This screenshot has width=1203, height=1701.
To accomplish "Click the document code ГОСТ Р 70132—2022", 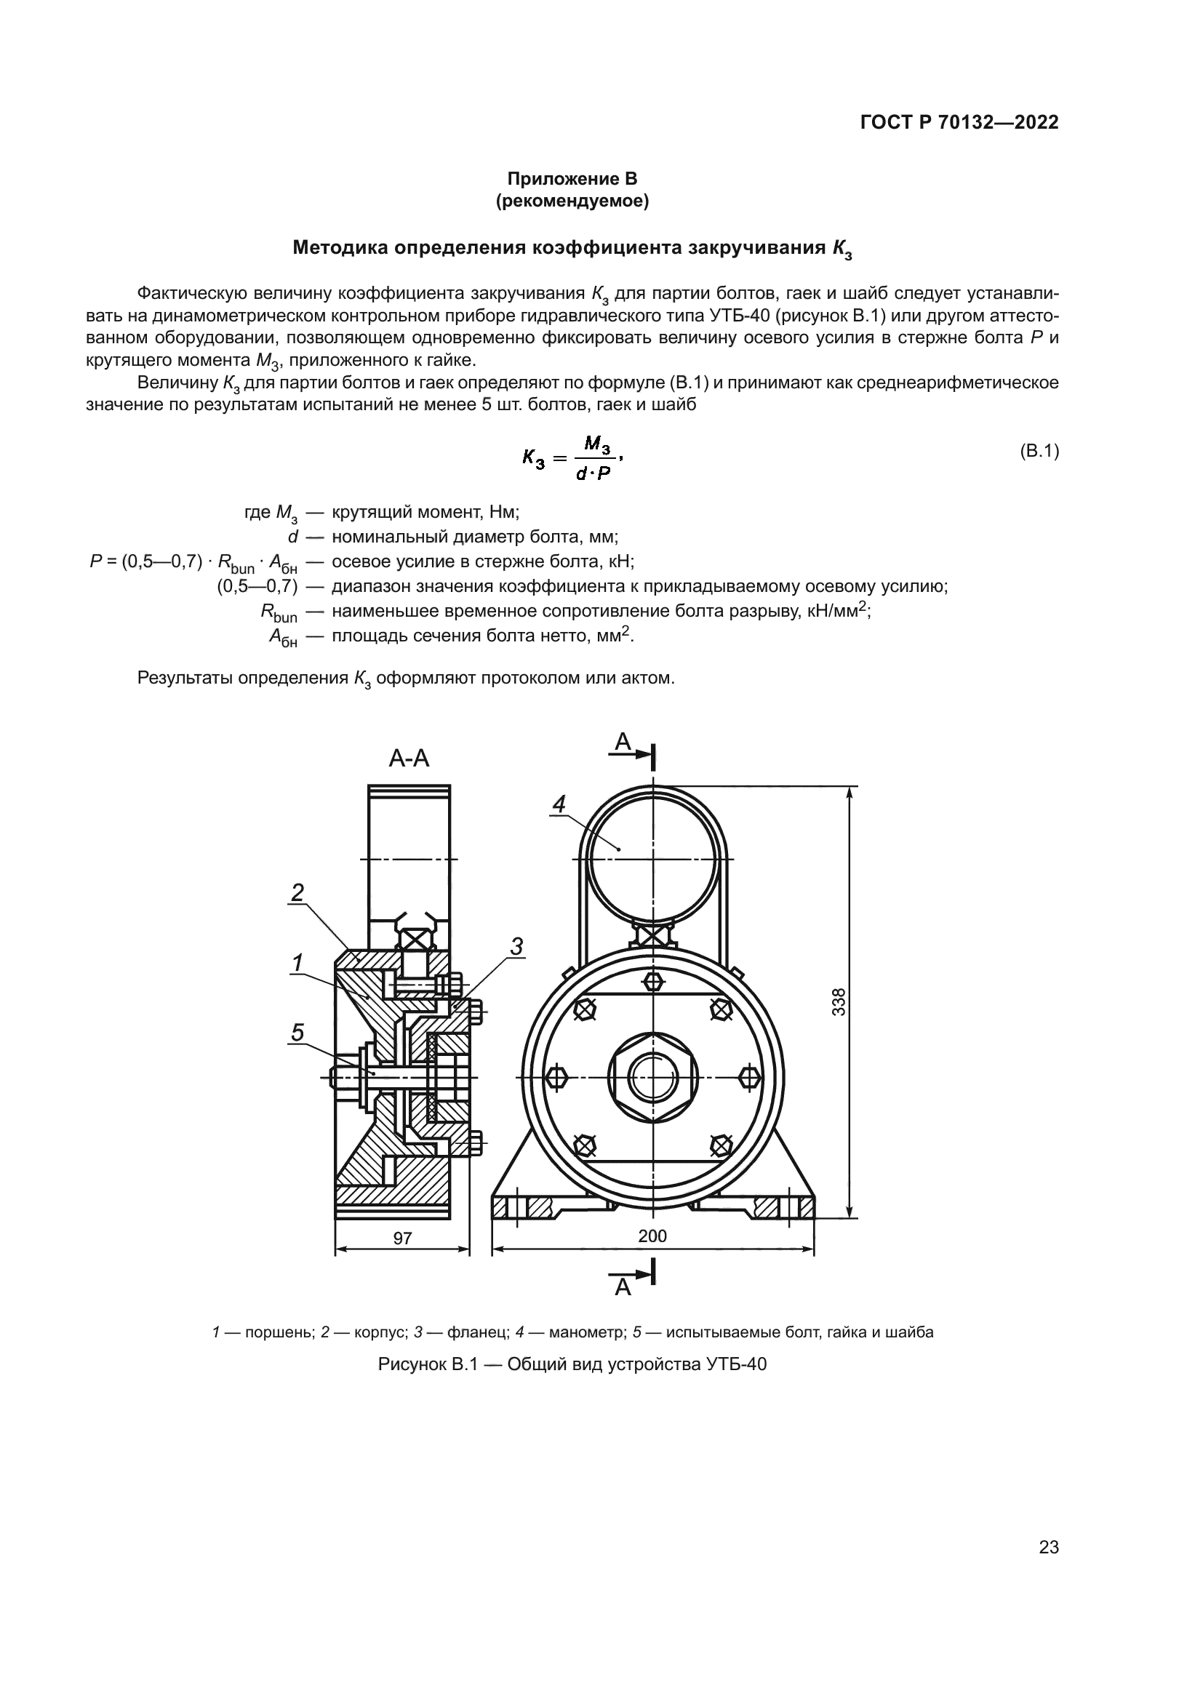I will click(959, 122).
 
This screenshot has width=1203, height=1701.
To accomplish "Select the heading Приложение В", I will click(572, 179).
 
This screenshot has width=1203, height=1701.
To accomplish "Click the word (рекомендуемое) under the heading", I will click(572, 201).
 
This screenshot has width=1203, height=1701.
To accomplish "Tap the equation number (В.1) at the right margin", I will click(1039, 450).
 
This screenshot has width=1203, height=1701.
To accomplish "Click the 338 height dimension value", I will click(839, 1002).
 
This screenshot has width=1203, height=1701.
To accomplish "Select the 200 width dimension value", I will click(652, 1236).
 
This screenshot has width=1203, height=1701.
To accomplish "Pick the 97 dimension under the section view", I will click(402, 1238).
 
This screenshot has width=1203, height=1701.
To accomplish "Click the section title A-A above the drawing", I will click(409, 758).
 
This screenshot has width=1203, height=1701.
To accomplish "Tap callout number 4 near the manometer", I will click(559, 804).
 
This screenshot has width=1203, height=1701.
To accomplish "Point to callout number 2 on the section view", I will click(297, 893).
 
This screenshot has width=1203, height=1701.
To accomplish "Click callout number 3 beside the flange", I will click(516, 946).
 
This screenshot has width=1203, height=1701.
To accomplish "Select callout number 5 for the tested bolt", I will click(297, 1032).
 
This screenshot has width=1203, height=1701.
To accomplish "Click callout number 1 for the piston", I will click(297, 963).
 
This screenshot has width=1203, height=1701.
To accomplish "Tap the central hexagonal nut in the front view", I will click(652, 1076).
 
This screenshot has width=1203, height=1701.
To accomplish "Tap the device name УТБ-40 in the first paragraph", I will click(739, 316).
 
